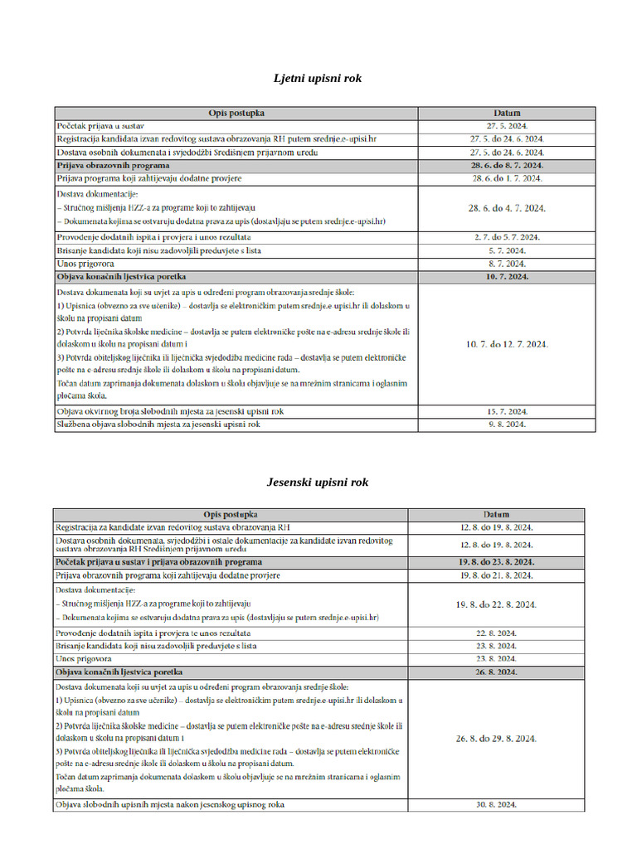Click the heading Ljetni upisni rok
318,79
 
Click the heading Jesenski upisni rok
318,482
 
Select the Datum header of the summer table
506,113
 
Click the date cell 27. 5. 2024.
506,126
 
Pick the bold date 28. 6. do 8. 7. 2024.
506,166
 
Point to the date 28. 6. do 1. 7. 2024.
506,178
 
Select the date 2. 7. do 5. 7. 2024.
506,237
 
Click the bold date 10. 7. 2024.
506,276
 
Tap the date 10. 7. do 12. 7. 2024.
506,344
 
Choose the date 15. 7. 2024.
506,411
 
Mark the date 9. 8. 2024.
506,424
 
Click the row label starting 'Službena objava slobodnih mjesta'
158,424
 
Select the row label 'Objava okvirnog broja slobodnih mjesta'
170,411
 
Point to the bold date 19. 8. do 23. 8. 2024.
496,562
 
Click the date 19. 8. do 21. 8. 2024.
496,575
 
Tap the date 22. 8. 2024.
496,633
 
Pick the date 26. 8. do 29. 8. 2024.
496,738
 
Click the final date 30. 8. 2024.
496,805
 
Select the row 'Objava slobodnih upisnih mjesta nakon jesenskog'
170,805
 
